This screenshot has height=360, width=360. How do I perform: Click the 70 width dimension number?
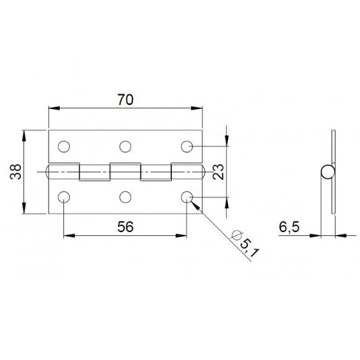pos(124,99)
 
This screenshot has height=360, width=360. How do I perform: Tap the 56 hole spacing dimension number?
pos(124,226)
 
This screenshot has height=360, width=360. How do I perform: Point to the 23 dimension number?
pos(218,170)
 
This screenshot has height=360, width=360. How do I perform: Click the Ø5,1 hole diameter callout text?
pos(241,242)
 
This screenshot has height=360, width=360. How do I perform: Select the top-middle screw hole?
pos(125,146)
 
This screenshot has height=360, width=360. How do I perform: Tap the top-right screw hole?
pos(186,146)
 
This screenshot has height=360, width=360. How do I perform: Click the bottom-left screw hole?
pos(63,196)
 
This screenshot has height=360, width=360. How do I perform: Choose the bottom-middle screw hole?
pos(125,196)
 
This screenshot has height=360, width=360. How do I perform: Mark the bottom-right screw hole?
pos(186,196)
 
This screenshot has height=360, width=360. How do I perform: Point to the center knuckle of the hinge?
pos(125,171)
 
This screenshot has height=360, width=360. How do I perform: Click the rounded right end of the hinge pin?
pos(203,171)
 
